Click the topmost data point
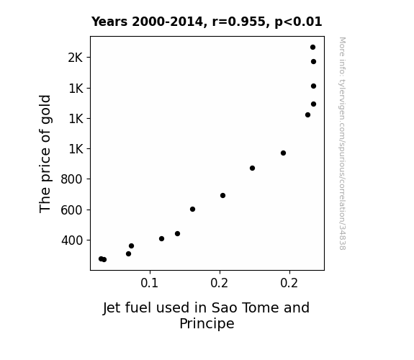tap(312, 48)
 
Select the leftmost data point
tap(101, 259)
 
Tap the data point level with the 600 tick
tap(192, 210)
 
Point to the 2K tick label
tap(76, 58)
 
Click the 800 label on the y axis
tap(71, 179)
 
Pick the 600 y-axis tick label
tap(71, 210)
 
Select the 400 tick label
tap(72, 240)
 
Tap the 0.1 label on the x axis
tap(150, 283)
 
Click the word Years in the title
tap(109, 22)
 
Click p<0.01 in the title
tap(298, 22)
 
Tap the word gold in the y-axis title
tap(45, 109)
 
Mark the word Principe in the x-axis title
tap(207, 324)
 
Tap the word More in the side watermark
tap(343, 47)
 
